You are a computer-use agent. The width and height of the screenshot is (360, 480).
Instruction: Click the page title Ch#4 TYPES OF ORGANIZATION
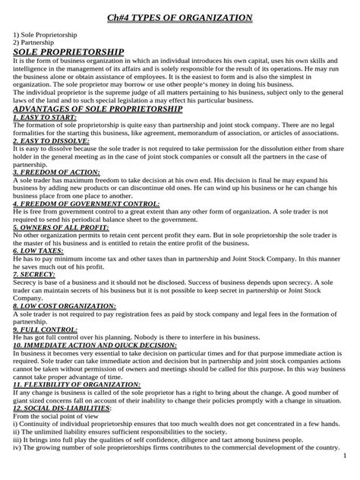(179, 17)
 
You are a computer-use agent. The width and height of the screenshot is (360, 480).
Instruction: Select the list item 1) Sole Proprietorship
(43, 36)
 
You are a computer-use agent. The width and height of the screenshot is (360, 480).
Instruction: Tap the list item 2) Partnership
(33, 44)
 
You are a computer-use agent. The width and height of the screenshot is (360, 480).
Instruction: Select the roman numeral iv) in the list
(18, 447)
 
